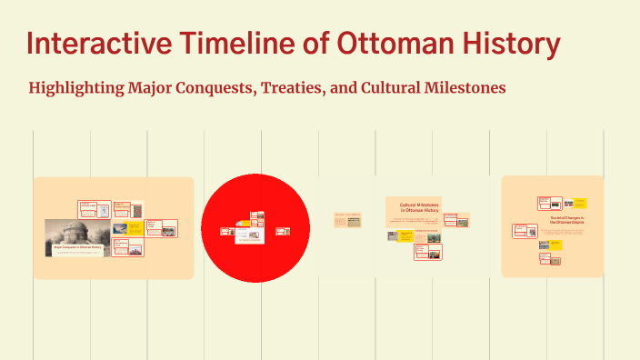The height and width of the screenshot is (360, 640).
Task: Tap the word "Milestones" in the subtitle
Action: [460, 88]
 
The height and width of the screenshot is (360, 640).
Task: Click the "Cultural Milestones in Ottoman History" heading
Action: [418, 207]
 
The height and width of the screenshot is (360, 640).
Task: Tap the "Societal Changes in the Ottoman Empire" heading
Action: [567, 221]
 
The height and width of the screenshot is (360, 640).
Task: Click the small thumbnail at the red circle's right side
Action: [282, 231]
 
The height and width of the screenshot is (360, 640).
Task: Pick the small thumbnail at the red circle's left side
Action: [227, 231]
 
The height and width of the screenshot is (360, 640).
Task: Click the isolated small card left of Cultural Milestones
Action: [346, 219]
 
